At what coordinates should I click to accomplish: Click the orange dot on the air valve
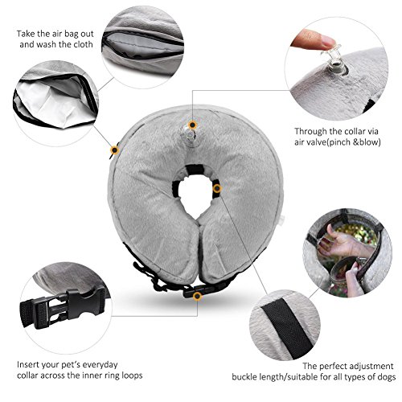point(192,125)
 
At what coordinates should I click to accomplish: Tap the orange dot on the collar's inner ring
point(217,188)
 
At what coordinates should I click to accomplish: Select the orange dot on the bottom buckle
point(198,296)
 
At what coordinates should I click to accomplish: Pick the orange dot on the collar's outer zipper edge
point(115,150)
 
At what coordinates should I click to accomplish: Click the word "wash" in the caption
point(46,44)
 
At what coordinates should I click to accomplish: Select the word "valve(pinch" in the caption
point(327,142)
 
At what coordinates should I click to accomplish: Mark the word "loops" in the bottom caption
point(132,375)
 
